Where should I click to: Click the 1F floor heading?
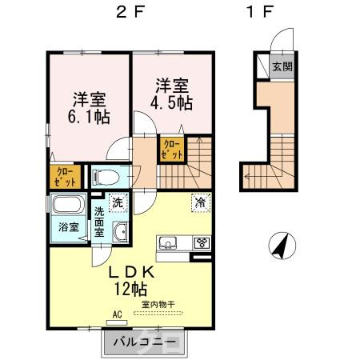pyautogui.click(x=259, y=14)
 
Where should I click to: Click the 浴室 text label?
pyautogui.click(x=68, y=226)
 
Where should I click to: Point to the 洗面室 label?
pyautogui.click(x=99, y=221)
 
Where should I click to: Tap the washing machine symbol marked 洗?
pyautogui.click(x=118, y=203)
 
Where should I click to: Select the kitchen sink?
pyautogui.click(x=168, y=242)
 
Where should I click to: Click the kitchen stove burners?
pyautogui.click(x=202, y=242)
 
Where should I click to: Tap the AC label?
pyautogui.click(x=117, y=315)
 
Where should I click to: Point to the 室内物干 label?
pyautogui.click(x=158, y=303)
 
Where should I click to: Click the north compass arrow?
pyautogui.click(x=281, y=246)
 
